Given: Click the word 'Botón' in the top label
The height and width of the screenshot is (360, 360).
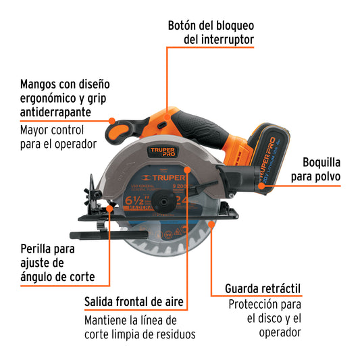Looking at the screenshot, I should point(185,26).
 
